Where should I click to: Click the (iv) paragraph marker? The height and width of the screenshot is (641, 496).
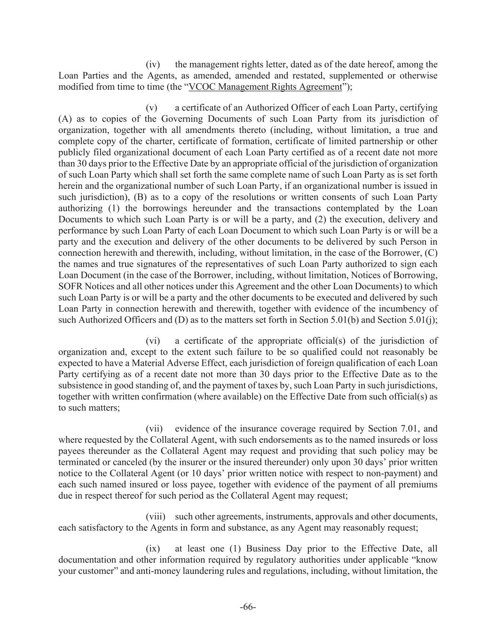153,64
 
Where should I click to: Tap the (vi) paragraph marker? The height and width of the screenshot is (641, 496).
153,340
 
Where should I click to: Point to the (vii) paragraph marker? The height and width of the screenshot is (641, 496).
154,428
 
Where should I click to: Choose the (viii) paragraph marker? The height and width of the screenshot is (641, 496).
155,517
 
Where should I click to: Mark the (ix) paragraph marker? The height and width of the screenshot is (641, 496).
153,548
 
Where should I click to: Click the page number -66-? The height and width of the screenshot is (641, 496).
248,607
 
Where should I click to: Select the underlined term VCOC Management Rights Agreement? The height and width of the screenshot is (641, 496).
265,87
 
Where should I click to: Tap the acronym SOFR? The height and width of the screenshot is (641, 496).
70,286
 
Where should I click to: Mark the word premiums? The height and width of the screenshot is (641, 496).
420,485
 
